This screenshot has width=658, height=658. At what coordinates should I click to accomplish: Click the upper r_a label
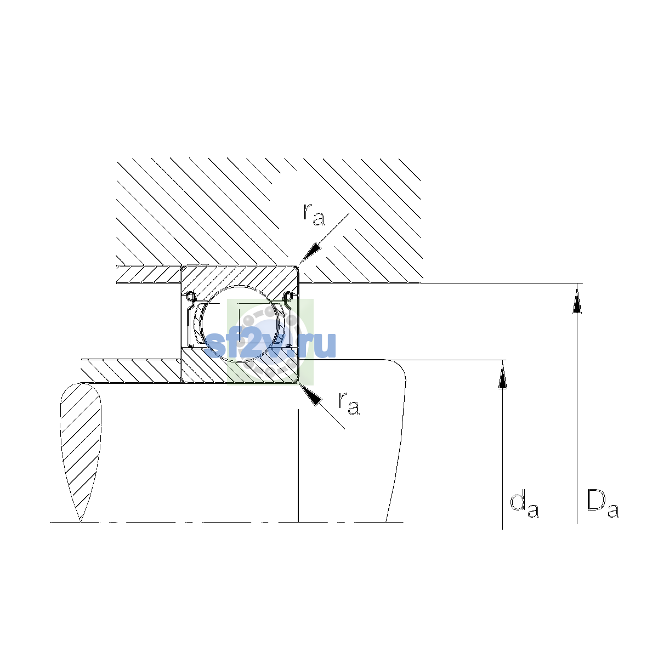tap(314, 214)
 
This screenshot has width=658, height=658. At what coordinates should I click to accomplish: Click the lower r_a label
tap(349, 403)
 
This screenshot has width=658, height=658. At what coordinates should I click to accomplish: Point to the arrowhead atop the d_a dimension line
tap(502, 375)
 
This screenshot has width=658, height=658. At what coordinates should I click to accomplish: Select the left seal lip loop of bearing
tap(190, 297)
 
